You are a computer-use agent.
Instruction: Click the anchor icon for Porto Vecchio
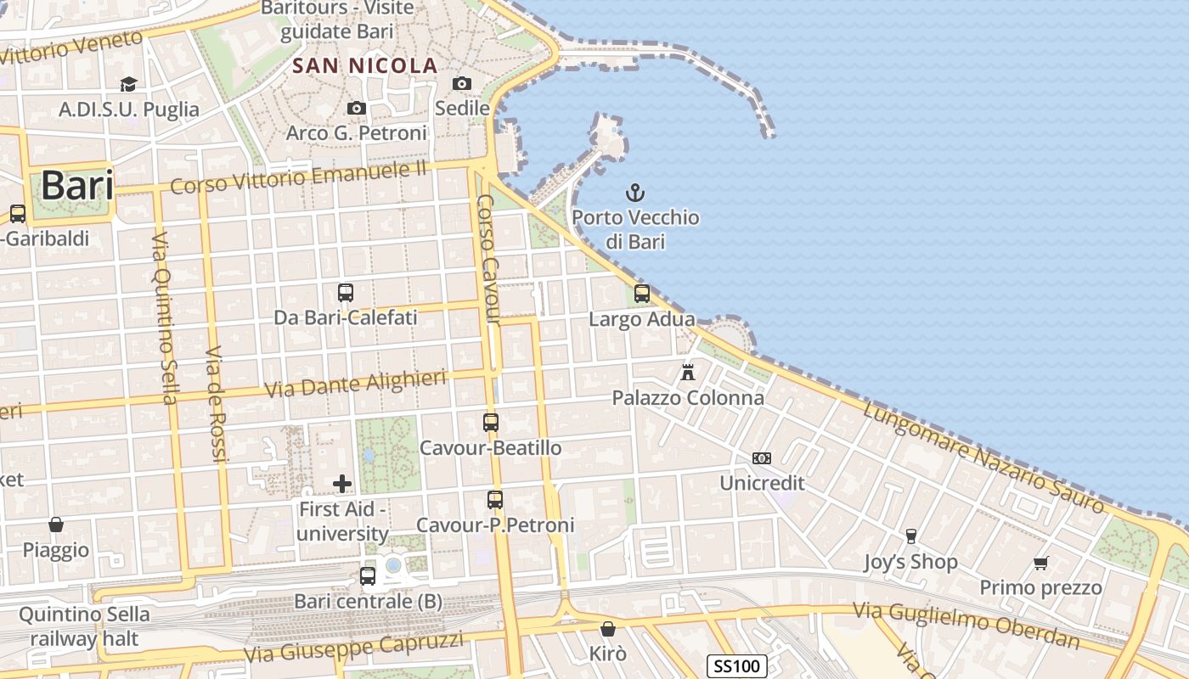pyautogui.click(x=634, y=193)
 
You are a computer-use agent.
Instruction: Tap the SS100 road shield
pyautogui.click(x=736, y=666)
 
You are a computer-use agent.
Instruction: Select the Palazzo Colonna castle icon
pyautogui.click(x=688, y=372)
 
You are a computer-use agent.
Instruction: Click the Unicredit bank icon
pyautogui.click(x=762, y=458)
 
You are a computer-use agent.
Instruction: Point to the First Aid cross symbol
pyautogui.click(x=342, y=484)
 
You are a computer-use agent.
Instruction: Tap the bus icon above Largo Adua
pyautogui.click(x=642, y=294)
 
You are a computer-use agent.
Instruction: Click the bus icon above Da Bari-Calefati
pyautogui.click(x=346, y=293)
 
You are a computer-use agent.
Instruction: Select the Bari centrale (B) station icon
pyautogui.click(x=368, y=575)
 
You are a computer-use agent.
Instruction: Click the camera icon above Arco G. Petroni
pyautogui.click(x=357, y=108)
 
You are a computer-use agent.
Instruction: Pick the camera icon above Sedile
pyautogui.click(x=462, y=83)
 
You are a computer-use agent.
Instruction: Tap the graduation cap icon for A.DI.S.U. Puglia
pyautogui.click(x=128, y=84)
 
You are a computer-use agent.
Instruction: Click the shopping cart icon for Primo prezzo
pyautogui.click(x=1041, y=563)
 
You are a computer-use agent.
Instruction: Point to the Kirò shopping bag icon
pyautogui.click(x=608, y=629)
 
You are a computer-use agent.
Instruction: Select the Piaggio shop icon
pyautogui.click(x=56, y=525)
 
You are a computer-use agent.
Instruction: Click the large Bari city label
pyautogui.click(x=77, y=185)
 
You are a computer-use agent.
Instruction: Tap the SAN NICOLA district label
pyautogui.click(x=365, y=65)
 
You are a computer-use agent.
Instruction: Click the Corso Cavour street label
pyautogui.click(x=486, y=259)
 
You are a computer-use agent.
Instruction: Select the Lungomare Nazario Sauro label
pyautogui.click(x=984, y=459)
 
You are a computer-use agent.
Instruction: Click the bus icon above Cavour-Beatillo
pyautogui.click(x=491, y=422)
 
